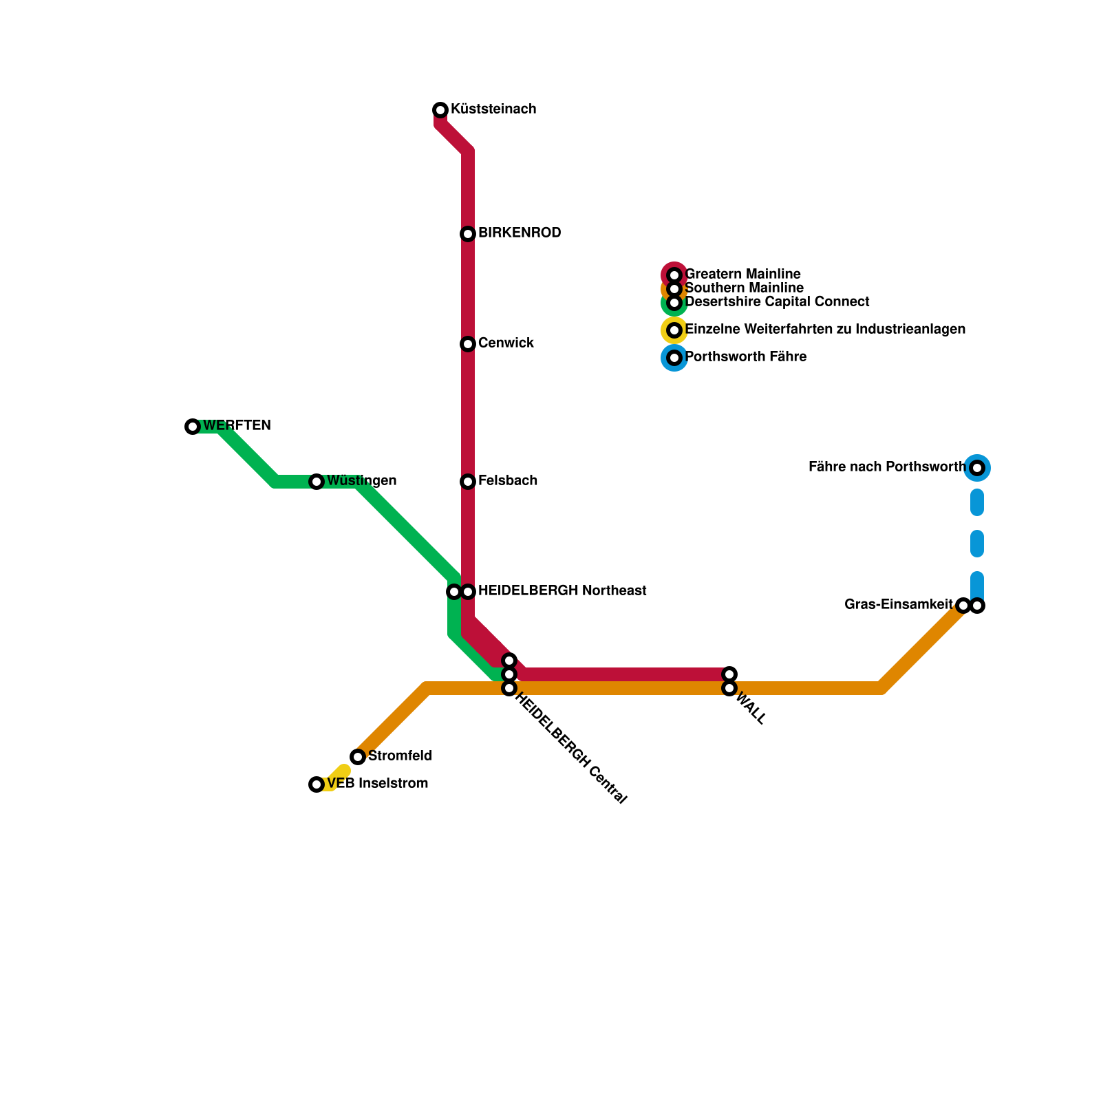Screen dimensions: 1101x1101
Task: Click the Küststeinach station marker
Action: coord(440,110)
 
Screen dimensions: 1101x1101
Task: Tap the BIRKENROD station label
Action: coord(520,233)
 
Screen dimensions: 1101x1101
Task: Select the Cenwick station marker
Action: coord(468,344)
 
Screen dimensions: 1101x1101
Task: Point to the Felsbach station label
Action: coord(508,481)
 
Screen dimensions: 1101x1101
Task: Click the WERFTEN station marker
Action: coord(193,427)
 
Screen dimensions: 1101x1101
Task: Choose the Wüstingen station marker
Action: coord(317,482)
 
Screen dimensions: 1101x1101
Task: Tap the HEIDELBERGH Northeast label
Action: coord(562,591)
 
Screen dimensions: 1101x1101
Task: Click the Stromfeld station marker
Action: coord(358,757)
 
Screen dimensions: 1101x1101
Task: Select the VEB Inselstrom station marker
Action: coord(317,784)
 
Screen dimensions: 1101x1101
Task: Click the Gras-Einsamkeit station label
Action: coord(899,605)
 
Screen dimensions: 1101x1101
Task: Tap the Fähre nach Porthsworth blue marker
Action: coord(977,468)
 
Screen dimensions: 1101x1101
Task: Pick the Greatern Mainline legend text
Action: coord(743,275)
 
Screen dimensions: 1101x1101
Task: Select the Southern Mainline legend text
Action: coord(745,288)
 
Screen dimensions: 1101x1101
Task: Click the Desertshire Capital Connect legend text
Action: coord(778,302)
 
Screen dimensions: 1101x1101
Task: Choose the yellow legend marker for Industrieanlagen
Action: coord(674,330)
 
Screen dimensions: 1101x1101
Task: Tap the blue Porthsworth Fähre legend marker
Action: coord(674,358)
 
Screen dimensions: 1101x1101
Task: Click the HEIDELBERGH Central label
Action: coord(570,749)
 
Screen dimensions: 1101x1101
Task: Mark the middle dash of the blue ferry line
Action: coord(977,544)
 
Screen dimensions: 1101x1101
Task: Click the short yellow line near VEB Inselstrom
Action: coord(336,778)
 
